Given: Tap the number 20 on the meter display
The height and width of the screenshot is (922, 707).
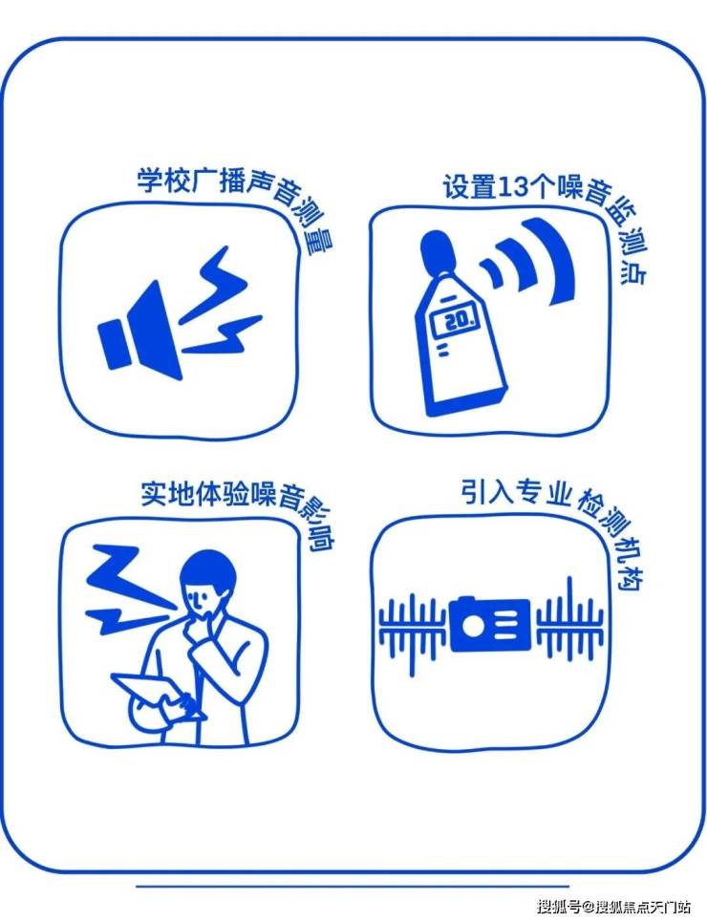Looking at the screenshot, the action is [459, 320].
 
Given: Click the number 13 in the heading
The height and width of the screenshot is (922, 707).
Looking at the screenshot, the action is [510, 187].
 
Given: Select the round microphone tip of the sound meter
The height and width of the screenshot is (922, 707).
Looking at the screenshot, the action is [437, 252].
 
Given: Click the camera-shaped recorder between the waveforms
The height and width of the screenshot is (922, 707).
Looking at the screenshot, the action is [490, 624].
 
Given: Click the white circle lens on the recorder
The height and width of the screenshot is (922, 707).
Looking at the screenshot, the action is [472, 626].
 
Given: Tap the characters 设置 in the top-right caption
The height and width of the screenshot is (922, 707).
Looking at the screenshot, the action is [469, 186].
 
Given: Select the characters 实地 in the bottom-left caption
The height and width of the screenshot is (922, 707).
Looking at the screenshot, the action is [167, 494].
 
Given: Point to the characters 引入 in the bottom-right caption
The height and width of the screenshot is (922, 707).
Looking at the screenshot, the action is [486, 493].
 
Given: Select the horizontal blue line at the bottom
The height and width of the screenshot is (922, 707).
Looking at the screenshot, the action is [353, 886].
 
